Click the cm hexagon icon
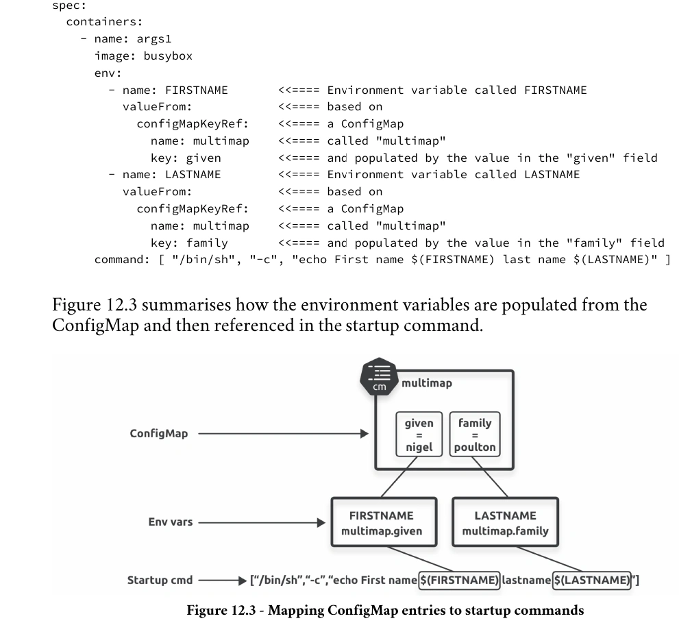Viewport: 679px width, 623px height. click(380, 376)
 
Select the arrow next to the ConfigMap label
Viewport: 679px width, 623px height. click(284, 433)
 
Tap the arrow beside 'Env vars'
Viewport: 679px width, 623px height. click(262, 522)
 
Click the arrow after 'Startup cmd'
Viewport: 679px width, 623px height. click(223, 581)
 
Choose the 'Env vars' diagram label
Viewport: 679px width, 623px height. click(170, 522)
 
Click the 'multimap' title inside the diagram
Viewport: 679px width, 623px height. click(427, 383)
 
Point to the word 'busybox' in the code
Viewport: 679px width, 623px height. click(168, 56)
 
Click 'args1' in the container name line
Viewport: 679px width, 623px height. click(154, 40)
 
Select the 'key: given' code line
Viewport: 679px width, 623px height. click(186, 158)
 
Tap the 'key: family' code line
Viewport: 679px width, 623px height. click(189, 243)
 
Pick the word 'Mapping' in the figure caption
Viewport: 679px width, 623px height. click(296, 610)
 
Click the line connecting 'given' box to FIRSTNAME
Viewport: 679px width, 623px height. click(399, 476)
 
